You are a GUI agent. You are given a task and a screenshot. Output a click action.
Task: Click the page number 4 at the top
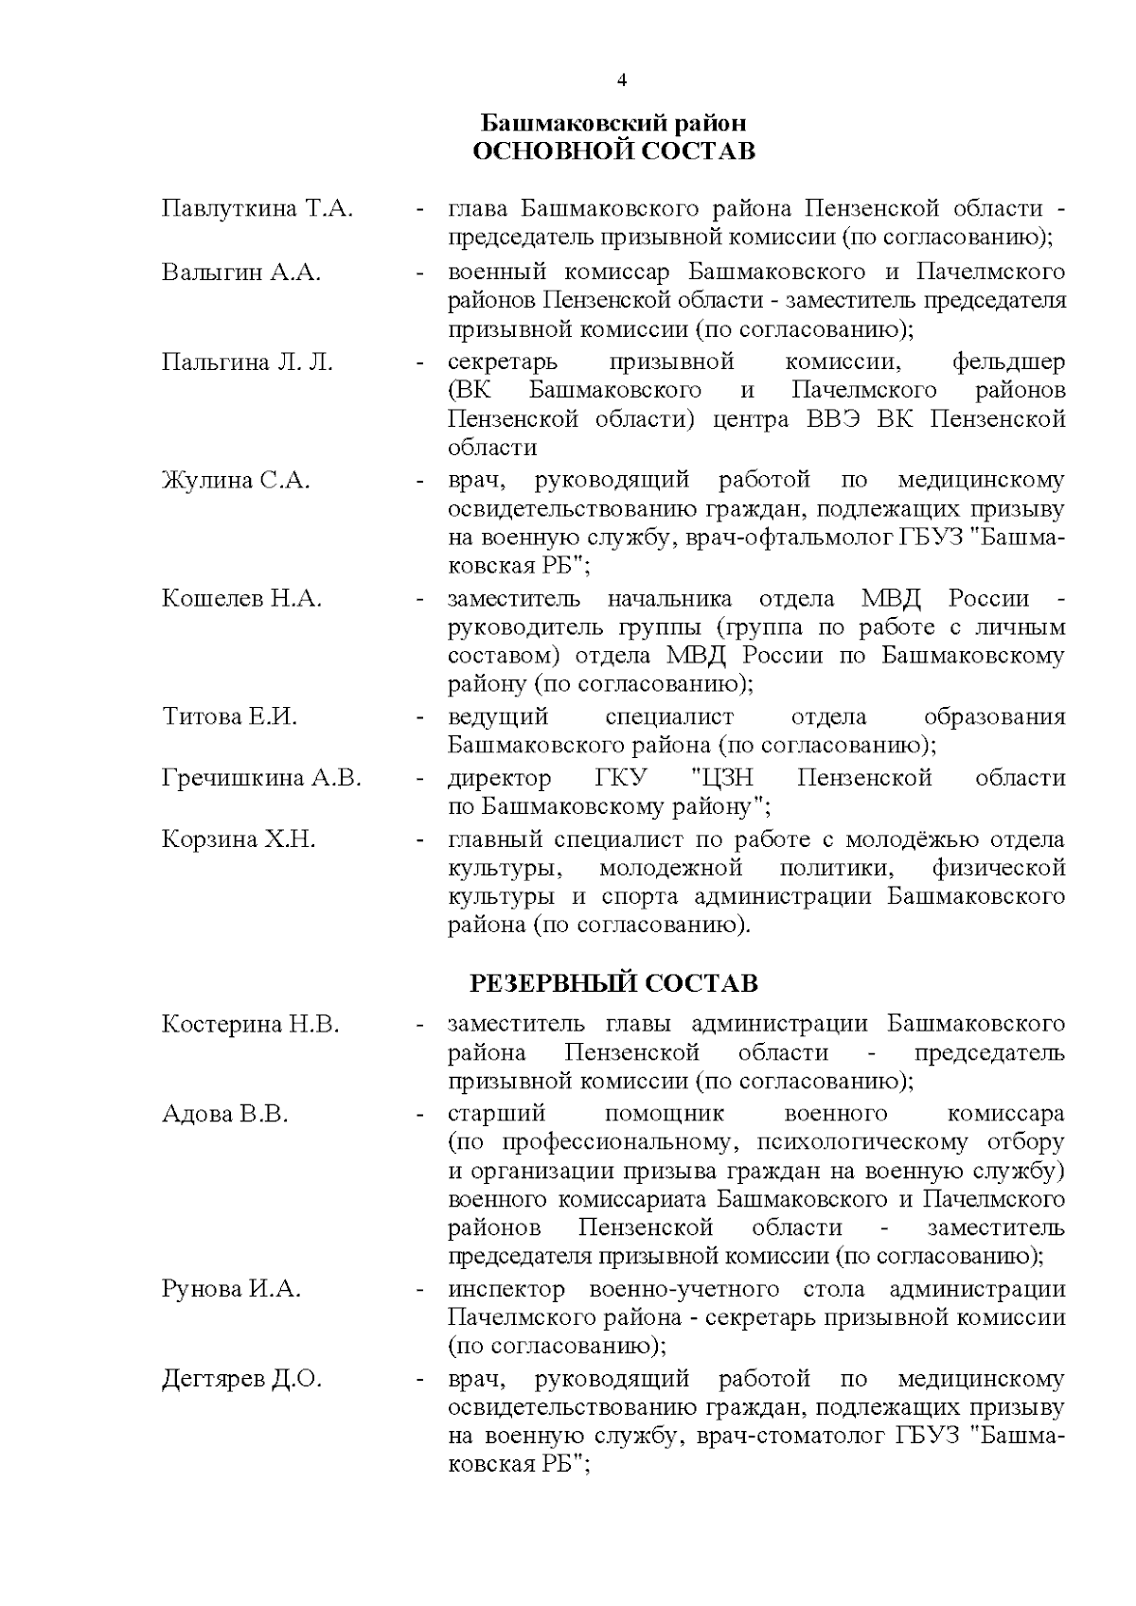622,80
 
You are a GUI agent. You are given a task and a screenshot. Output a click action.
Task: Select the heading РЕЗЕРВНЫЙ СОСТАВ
613,983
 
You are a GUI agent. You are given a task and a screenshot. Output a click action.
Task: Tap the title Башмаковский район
613,123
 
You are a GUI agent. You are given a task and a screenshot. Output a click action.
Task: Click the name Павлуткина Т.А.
257,208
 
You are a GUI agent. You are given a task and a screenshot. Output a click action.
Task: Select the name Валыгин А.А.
241,273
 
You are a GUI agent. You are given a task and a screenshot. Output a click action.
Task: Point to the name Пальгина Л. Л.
247,362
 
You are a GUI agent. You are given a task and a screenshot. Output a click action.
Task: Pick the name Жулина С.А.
236,480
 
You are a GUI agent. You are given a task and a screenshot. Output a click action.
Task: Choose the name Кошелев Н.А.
241,598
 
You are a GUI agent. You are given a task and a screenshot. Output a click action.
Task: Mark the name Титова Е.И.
229,716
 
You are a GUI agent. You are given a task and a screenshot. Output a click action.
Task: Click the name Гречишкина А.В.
261,778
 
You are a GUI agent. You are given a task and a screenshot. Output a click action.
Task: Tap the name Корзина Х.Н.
239,839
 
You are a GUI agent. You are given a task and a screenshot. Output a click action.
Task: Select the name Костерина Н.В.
250,1024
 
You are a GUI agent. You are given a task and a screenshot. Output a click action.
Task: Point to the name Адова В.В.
224,1113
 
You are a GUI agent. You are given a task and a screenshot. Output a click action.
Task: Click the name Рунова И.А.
231,1289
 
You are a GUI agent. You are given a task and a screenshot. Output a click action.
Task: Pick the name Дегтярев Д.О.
241,1379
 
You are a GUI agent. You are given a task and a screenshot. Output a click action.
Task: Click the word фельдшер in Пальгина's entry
1008,362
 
